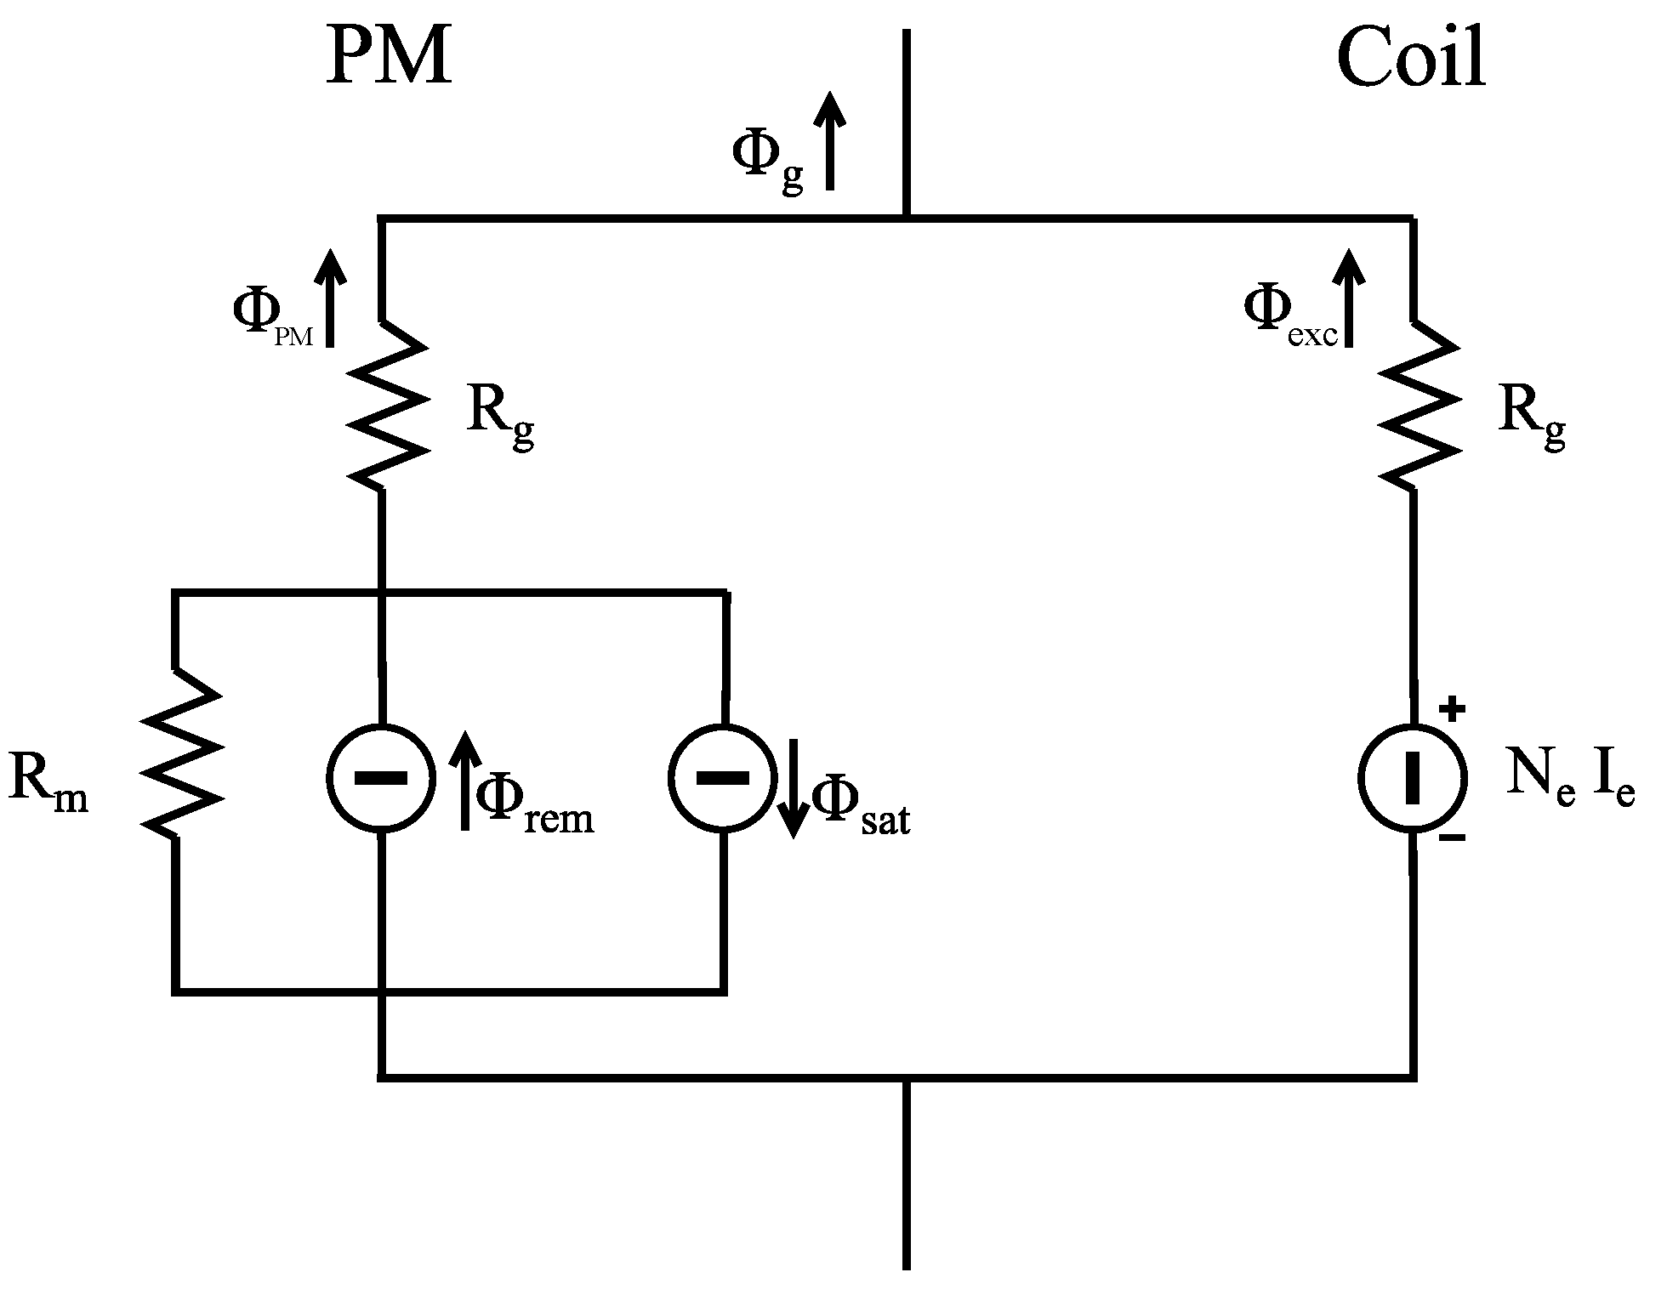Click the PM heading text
click(x=388, y=58)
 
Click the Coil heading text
click(x=1411, y=58)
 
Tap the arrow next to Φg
click(x=830, y=140)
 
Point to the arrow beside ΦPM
click(x=331, y=298)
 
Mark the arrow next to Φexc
click(x=1348, y=298)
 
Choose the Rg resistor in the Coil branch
click(x=1416, y=405)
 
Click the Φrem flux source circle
click(x=381, y=777)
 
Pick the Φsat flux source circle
click(x=723, y=777)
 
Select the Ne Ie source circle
click(x=1413, y=777)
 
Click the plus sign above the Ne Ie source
click(x=1453, y=708)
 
